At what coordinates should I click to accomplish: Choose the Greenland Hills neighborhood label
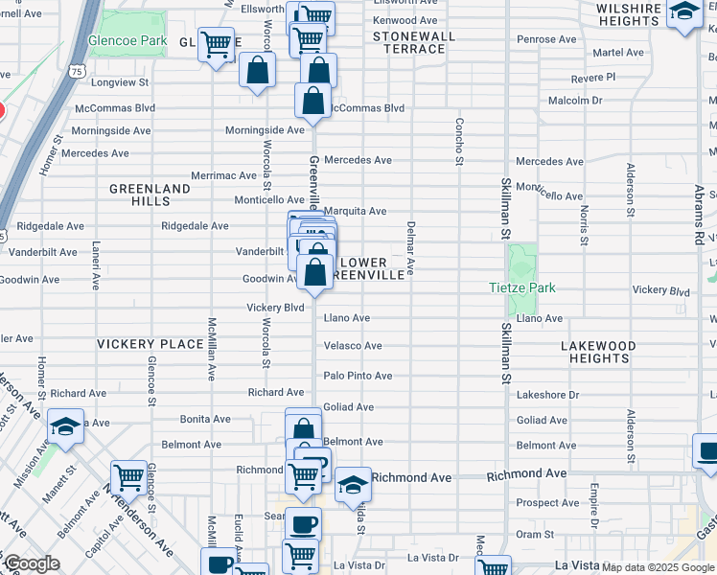[x=150, y=195]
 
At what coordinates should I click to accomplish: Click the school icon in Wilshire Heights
[x=683, y=12]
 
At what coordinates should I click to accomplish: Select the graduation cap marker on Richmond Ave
[x=353, y=483]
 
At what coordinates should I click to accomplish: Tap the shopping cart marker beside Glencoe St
[x=128, y=476]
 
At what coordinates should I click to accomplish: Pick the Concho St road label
[x=459, y=140]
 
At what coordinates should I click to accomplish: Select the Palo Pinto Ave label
[x=358, y=376]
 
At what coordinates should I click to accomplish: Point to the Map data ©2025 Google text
[x=657, y=567]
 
